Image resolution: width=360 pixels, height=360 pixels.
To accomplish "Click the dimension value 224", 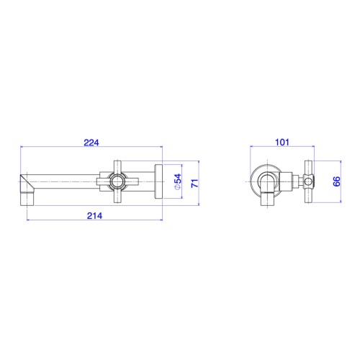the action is pyautogui.click(x=91, y=143).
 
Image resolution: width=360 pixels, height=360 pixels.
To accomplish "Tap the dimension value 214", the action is pyautogui.click(x=94, y=216).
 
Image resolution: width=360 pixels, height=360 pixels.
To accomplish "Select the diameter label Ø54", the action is pyautogui.click(x=178, y=181).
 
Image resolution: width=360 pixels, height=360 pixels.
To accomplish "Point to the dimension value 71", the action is pyautogui.click(x=195, y=184).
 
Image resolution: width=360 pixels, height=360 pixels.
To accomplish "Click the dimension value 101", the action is pyautogui.click(x=282, y=143).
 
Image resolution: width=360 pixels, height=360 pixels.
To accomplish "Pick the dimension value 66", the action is pyautogui.click(x=336, y=181).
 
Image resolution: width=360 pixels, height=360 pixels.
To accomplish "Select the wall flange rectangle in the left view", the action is pyautogui.click(x=158, y=181).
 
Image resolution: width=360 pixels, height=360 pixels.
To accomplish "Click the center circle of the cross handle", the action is pyautogui.click(x=117, y=181).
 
